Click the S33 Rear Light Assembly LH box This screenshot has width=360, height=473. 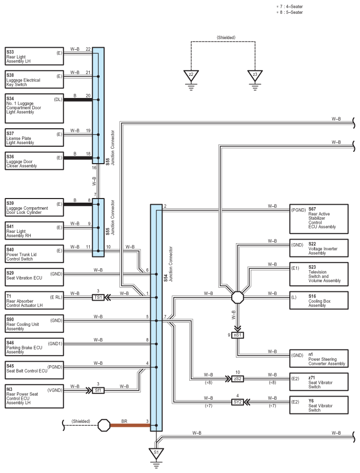pos(34,56)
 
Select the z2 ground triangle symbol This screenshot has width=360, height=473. pos(191,75)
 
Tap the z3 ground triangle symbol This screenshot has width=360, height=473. pos(255,75)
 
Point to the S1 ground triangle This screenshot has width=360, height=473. pos(156,454)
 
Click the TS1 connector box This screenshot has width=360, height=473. pos(98,298)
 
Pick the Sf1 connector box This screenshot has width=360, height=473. pos(98,390)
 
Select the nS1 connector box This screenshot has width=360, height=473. pos(237,335)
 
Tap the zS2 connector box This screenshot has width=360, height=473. pos(237,379)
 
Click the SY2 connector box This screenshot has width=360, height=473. pos(237,402)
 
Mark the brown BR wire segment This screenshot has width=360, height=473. pos(130,425)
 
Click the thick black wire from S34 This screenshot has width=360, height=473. pos(78,100)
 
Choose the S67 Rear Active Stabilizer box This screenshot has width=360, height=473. pos(318,219)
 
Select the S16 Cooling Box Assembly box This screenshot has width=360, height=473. pos(318,300)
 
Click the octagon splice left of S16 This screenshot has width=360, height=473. pos(237,298)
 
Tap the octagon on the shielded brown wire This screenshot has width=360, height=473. pos(104,425)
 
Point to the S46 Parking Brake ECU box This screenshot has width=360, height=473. pos(34,347)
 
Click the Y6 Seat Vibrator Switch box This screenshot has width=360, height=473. pos(318,405)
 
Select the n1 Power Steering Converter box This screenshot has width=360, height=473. pos(318,359)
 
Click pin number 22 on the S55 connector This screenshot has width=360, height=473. pos(88,49)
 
